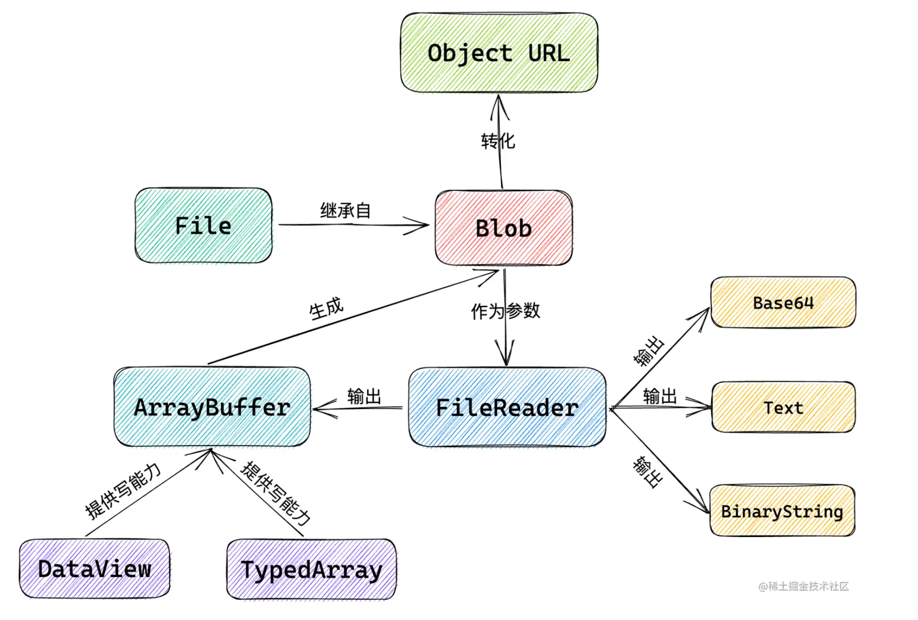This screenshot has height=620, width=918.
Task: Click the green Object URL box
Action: (x=499, y=53)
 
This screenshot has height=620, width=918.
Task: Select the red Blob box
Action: (x=504, y=228)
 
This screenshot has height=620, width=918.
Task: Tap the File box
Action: (x=203, y=226)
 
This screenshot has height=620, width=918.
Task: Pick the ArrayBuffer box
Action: (x=212, y=407)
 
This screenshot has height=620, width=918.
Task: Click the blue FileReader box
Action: (x=507, y=407)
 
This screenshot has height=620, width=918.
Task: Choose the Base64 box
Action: (x=783, y=303)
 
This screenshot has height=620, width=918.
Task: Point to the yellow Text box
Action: (x=783, y=407)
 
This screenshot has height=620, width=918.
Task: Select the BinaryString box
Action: (x=782, y=511)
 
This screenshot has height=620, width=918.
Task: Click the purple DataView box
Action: (x=94, y=569)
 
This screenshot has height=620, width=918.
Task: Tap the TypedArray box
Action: (x=311, y=570)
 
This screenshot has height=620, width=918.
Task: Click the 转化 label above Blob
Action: (x=497, y=140)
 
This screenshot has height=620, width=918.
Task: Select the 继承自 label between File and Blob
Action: (x=345, y=210)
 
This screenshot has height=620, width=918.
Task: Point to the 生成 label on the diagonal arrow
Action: (x=326, y=308)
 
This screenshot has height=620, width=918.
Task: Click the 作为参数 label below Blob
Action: (x=505, y=311)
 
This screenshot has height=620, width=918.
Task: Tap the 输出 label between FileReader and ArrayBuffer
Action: (x=364, y=396)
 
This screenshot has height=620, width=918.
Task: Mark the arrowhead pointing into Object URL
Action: (x=499, y=101)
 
